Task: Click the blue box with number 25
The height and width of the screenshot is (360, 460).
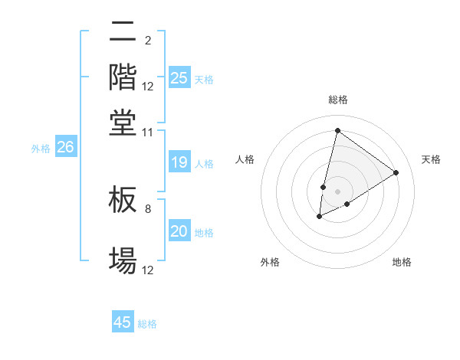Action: [179, 78]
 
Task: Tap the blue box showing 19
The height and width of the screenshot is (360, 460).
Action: [179, 162]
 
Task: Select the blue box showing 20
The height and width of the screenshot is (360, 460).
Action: [179, 232]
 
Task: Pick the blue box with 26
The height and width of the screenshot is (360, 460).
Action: [65, 148]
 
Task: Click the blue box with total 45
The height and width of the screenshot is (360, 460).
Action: [123, 322]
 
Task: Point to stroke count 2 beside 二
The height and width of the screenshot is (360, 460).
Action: [147, 41]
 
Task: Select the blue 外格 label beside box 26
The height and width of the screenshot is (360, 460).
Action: [40, 149]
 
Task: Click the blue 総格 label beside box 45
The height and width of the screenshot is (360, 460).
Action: [147, 324]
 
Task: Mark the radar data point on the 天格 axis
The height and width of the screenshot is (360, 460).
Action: [396, 172]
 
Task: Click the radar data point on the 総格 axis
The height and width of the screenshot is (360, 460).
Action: [337, 130]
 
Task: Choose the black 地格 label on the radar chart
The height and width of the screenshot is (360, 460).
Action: [402, 262]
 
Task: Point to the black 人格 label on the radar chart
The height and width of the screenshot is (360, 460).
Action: [245, 159]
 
